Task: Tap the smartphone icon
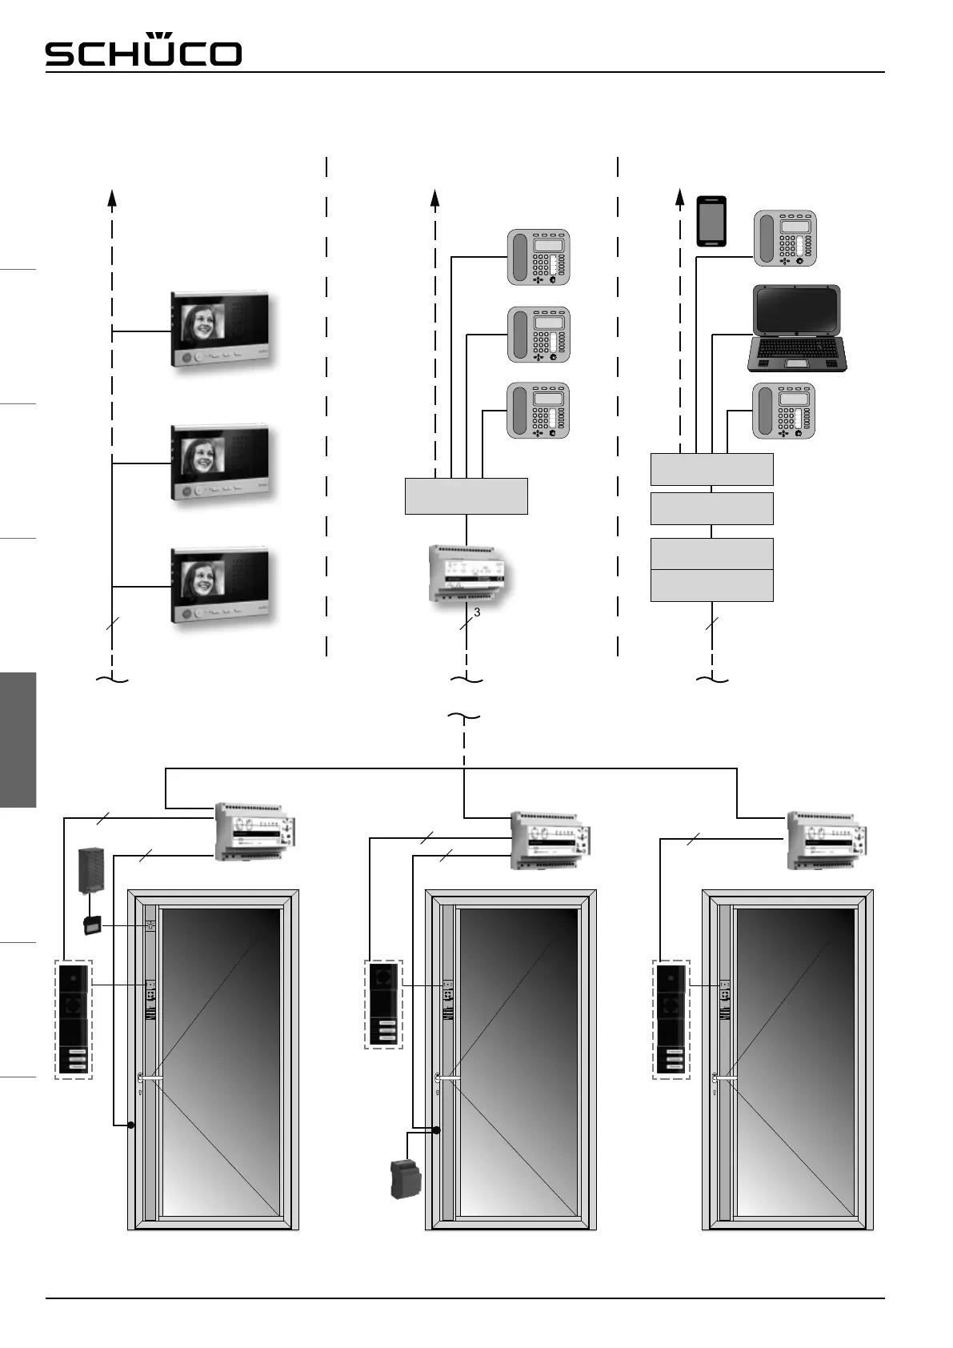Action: click(711, 221)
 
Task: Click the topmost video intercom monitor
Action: click(222, 330)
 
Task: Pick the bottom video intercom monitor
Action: click(222, 584)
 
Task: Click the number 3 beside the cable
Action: click(477, 612)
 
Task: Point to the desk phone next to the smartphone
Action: click(785, 239)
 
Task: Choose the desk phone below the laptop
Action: click(783, 411)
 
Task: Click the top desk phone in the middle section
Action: click(539, 257)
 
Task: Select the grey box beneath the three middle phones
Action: click(466, 495)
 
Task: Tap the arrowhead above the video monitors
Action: click(112, 197)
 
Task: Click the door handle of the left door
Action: click(150, 1079)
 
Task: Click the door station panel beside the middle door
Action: click(384, 1005)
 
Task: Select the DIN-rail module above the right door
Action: click(823, 840)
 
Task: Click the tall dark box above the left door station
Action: click(92, 870)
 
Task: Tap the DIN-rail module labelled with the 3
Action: click(466, 574)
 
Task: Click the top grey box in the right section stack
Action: click(711, 469)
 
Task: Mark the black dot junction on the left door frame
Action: click(130, 1125)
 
